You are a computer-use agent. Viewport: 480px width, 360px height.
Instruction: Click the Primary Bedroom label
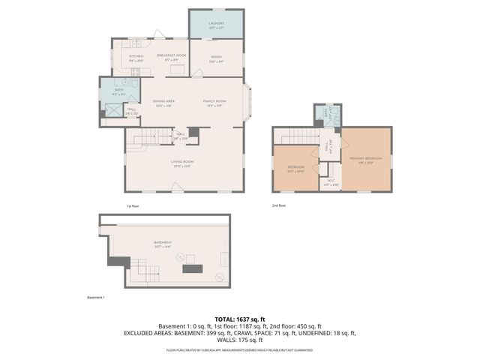click(365, 159)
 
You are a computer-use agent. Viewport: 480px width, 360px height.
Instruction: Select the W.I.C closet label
click(331, 181)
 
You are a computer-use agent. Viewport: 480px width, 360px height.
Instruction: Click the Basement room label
click(163, 243)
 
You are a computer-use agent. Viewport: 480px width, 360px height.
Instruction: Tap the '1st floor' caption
click(133, 205)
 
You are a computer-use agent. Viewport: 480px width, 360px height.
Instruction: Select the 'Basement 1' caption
click(97, 298)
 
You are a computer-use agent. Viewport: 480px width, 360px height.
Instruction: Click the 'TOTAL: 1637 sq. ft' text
click(240, 319)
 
